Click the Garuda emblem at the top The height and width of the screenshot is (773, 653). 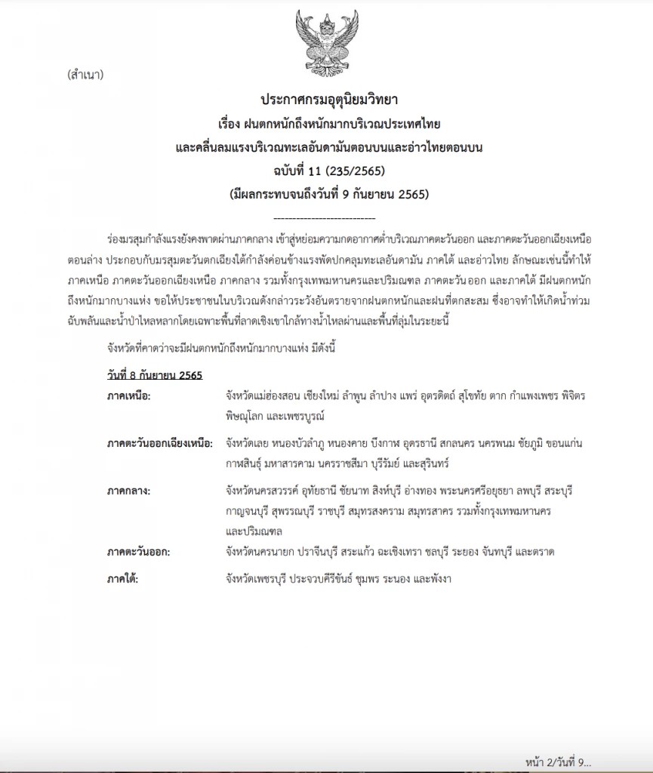(327, 40)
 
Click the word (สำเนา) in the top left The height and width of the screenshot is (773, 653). (85, 75)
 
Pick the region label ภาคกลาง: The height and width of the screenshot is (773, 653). (130, 491)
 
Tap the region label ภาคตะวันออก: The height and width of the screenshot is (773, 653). (139, 552)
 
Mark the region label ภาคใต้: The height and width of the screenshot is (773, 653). (124, 578)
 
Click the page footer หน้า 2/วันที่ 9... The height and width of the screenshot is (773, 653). (558, 761)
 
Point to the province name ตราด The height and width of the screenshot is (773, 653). (542, 552)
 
